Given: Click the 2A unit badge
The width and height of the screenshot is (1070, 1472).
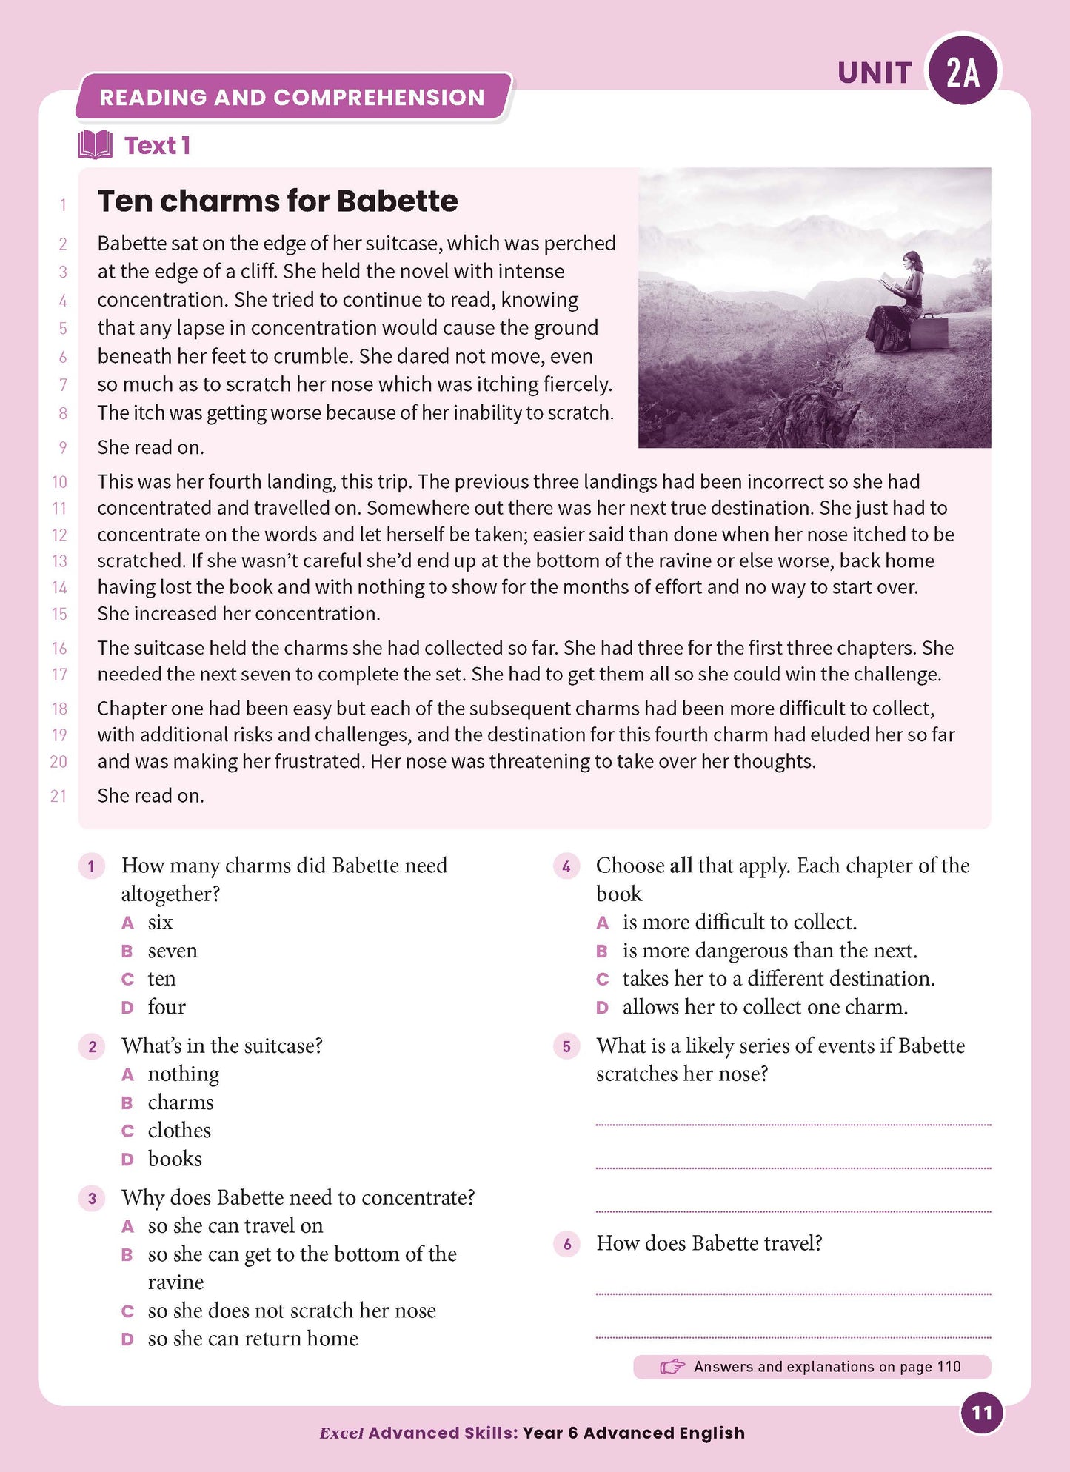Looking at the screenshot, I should (963, 72).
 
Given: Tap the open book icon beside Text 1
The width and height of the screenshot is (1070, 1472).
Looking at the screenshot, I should (96, 145).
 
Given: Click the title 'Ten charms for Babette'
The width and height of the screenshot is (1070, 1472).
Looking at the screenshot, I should (278, 201).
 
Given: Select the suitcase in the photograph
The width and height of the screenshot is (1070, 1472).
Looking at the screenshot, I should (930, 332).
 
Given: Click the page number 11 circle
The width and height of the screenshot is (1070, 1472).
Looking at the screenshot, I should (981, 1413).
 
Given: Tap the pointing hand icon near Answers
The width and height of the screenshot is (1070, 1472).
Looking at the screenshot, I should (672, 1367).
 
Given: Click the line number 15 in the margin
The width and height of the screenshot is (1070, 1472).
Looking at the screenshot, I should (59, 614).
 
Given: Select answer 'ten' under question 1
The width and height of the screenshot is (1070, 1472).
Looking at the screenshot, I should (161, 979).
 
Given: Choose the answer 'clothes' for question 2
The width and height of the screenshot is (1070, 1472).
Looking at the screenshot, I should (179, 1131).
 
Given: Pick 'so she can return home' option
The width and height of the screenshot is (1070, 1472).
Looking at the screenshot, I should (253, 1339).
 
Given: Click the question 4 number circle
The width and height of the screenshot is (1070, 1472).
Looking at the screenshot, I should (566, 866).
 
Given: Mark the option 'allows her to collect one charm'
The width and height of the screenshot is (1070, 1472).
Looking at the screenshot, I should (764, 1007).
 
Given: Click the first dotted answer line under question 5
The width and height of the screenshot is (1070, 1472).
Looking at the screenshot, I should (793, 1124).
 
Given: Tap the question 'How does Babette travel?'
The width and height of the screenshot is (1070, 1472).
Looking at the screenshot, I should (709, 1243).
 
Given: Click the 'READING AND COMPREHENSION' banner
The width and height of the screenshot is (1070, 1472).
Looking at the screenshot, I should (292, 97).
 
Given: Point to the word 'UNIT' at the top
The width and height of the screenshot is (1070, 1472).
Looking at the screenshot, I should (875, 73).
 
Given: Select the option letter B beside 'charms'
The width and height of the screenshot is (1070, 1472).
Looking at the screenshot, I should (127, 1103).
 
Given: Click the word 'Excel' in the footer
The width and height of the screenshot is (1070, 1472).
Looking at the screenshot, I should (341, 1433).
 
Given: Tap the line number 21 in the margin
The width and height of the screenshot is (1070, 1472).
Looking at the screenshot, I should (58, 796).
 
